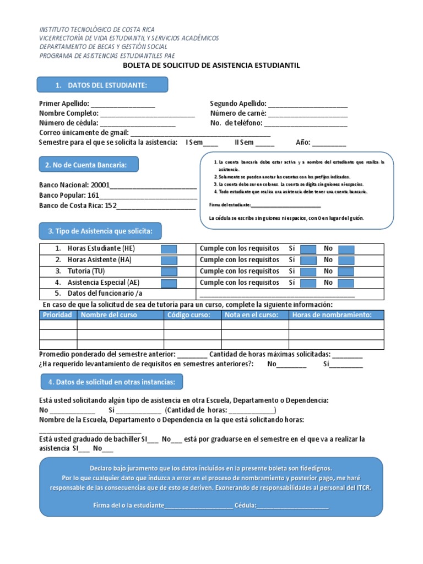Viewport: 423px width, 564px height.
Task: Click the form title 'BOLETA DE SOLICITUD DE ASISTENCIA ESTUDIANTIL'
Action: click(211, 65)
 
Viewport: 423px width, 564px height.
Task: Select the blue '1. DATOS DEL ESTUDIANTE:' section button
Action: click(102, 85)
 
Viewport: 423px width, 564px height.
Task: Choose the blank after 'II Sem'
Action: click(265, 143)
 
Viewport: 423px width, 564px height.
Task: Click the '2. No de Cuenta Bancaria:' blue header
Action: click(87, 165)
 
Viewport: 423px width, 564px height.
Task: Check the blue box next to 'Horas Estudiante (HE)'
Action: click(169, 250)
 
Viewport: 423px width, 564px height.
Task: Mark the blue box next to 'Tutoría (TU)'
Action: click(169, 272)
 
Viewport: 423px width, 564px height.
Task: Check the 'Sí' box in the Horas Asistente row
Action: click(308, 261)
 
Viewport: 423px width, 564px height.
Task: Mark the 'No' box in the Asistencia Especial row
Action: click(346, 283)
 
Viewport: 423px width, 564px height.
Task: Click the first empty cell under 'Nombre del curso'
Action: click(120, 325)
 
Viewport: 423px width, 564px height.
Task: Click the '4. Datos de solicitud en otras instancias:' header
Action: click(112, 382)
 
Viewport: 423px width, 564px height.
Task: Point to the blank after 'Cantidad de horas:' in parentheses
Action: click(251, 411)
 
